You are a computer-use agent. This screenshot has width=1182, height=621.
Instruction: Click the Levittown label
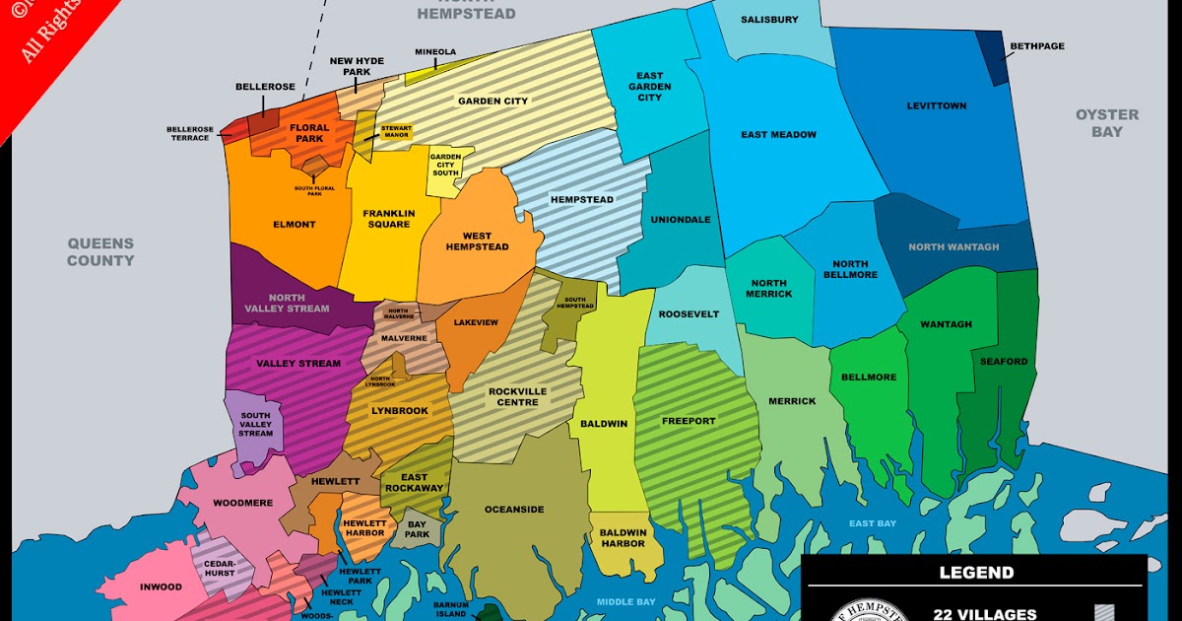click(x=936, y=105)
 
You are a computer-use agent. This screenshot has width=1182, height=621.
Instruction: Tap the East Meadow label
click(x=778, y=135)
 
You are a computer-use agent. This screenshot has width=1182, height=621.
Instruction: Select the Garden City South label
click(x=445, y=165)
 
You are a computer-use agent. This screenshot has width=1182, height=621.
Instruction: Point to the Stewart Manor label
click(x=396, y=132)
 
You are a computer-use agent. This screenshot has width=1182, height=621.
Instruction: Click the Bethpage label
click(x=1037, y=46)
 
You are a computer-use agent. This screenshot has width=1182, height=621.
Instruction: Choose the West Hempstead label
click(x=478, y=241)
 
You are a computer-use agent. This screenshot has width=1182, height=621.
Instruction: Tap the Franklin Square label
click(x=388, y=219)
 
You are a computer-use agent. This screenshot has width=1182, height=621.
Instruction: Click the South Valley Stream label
click(x=256, y=425)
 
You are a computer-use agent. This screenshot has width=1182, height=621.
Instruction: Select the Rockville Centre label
click(x=518, y=396)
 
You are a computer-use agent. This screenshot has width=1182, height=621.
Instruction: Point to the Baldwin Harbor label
click(x=624, y=538)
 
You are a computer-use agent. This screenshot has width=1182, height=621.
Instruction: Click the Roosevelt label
click(x=689, y=314)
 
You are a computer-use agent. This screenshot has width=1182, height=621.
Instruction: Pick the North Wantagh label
click(x=953, y=247)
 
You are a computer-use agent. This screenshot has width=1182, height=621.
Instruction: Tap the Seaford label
click(x=1004, y=362)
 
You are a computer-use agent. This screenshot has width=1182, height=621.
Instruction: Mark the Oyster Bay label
click(x=1106, y=123)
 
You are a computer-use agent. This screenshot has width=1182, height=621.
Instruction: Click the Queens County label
click(x=100, y=252)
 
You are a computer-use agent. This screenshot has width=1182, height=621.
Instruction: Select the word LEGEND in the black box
click(x=976, y=573)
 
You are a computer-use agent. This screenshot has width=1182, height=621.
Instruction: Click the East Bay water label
click(x=873, y=523)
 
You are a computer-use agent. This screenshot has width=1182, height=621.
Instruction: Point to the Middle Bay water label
click(x=625, y=601)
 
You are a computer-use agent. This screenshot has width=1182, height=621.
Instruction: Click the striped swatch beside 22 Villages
click(x=1107, y=614)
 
